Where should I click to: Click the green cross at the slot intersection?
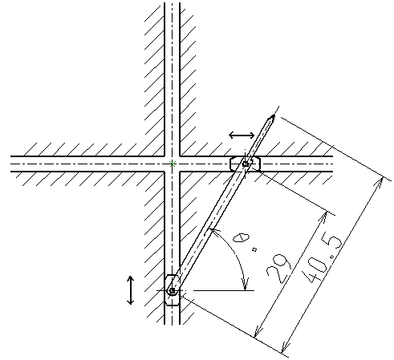(x=173, y=164)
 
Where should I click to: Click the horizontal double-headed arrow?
(x=242, y=136)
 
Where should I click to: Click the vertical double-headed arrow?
(x=130, y=290)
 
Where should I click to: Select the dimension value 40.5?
(x=323, y=260)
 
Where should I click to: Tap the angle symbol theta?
(x=241, y=237)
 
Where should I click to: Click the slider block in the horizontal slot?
(x=245, y=164)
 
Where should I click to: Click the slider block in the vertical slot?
(x=173, y=290)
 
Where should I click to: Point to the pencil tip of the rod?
(x=273, y=116)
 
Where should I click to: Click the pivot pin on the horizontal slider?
(x=246, y=164)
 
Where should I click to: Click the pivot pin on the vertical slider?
(x=173, y=290)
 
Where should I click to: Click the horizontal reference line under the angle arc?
(x=224, y=290)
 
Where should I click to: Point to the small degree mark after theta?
(x=254, y=249)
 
